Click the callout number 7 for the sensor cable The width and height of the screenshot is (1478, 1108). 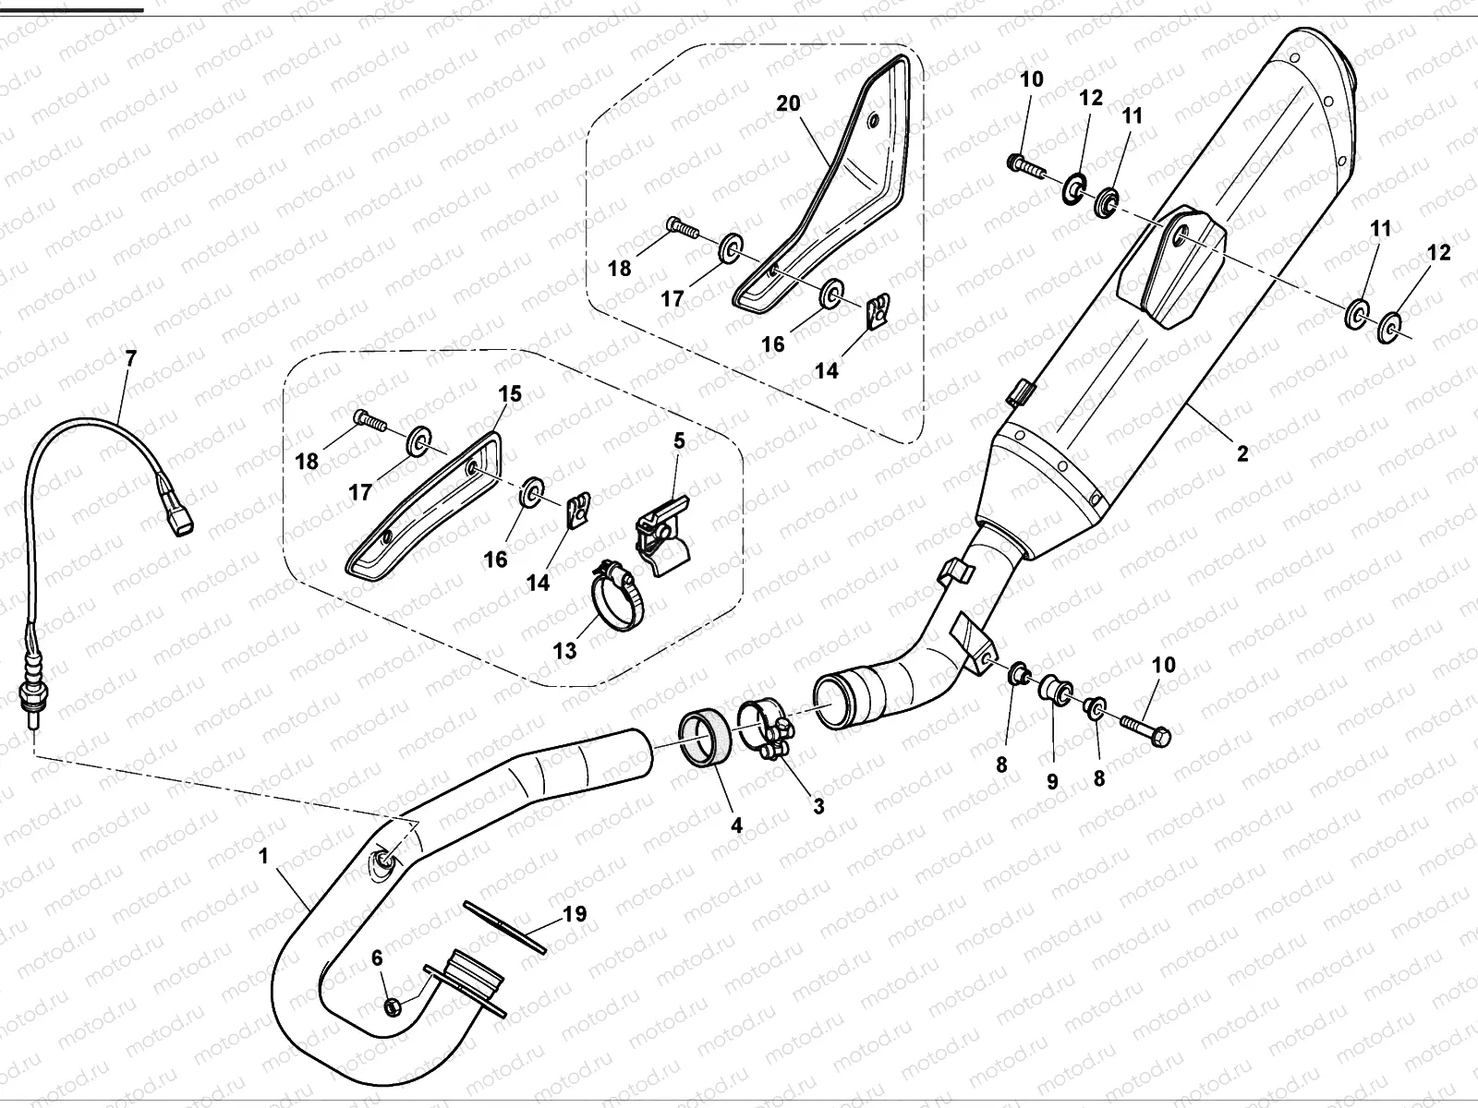click(x=130, y=359)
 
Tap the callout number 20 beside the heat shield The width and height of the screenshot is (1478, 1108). click(x=788, y=103)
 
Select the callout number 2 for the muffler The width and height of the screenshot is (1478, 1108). click(x=1242, y=453)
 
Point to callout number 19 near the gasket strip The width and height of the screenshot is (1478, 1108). click(x=574, y=915)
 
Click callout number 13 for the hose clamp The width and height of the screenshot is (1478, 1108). click(x=564, y=650)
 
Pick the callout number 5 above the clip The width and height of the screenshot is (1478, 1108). click(x=679, y=440)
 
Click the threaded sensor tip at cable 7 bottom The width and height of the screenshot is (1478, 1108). click(x=33, y=715)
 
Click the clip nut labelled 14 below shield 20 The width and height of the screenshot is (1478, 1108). click(x=879, y=311)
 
